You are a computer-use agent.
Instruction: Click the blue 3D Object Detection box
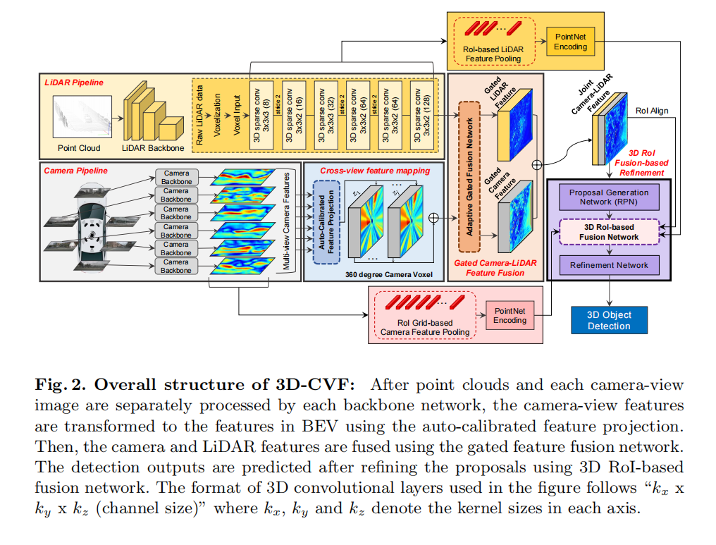pos(610,320)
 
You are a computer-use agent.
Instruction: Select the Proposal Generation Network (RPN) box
pos(610,197)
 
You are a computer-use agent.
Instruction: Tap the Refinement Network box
pos(609,264)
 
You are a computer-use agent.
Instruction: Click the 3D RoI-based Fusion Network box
pos(610,232)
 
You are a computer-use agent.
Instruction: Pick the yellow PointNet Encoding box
pos(570,42)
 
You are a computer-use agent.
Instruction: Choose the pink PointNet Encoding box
pos(510,315)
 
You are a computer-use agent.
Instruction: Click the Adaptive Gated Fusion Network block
pos(468,176)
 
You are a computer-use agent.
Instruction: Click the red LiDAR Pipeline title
pos(73,82)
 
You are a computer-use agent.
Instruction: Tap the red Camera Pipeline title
pos(76,171)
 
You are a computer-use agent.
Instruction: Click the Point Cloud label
pos(79,148)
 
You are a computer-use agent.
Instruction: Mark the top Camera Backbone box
pos(176,177)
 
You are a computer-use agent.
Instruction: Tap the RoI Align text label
pos(652,111)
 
